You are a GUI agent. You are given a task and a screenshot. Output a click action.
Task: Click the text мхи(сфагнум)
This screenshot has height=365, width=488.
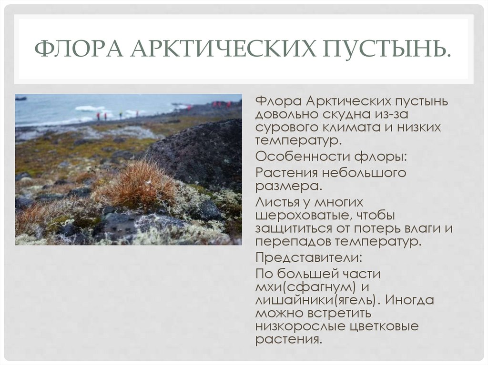point(306,287)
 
